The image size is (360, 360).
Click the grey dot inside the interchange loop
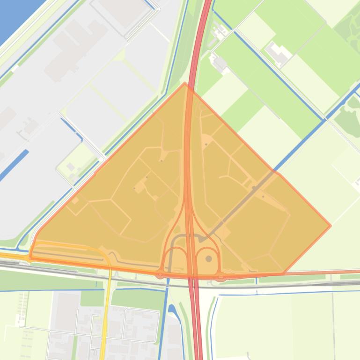(x=209, y=259)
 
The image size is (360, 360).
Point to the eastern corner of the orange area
(x=331, y=225)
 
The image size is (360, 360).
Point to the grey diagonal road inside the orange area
(x=243, y=201)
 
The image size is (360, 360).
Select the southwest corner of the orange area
(x=30, y=257)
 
